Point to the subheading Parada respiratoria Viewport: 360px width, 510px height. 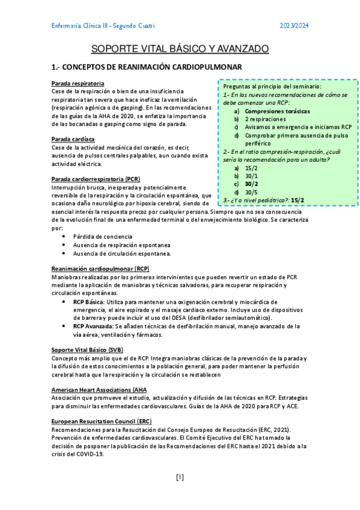pos(78,83)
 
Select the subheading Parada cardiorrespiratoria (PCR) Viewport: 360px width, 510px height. pos(96,179)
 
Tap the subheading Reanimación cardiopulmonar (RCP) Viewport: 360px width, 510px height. pos(100,268)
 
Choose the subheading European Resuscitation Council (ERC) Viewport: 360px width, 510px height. pos(102,422)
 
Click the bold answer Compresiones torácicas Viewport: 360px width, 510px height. pos(278,111)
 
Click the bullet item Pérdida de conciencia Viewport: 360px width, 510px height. pos(99,236)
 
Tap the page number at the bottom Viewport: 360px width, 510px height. pos(180,478)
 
